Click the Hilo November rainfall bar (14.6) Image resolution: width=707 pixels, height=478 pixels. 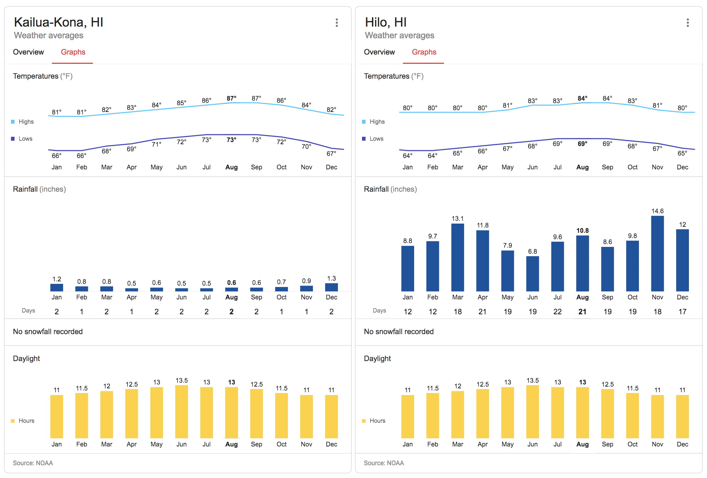click(x=657, y=253)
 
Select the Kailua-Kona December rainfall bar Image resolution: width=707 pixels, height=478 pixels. click(x=331, y=287)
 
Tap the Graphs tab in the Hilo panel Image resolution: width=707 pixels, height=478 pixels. click(x=424, y=52)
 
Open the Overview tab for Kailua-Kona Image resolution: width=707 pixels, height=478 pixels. click(x=28, y=52)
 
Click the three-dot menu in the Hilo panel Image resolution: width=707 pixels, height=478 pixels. click(x=687, y=23)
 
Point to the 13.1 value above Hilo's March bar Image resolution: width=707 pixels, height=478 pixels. click(x=457, y=219)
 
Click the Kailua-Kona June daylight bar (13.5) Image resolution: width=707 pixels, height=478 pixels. click(x=182, y=412)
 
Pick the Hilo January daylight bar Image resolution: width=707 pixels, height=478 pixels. click(x=407, y=416)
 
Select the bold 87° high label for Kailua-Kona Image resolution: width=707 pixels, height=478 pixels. click(x=232, y=98)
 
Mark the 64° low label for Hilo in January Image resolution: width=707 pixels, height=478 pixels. click(x=407, y=156)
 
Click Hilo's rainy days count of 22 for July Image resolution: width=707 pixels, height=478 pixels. click(x=557, y=312)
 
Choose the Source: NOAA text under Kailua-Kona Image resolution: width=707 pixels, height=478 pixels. click(x=33, y=463)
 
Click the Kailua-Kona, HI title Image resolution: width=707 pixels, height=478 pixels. click(x=59, y=22)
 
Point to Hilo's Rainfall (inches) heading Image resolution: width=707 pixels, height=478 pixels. click(x=390, y=189)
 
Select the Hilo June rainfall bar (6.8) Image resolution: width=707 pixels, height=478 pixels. click(x=532, y=274)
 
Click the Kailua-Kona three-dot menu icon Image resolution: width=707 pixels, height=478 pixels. click(x=336, y=23)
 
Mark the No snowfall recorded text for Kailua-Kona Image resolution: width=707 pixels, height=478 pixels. click(x=48, y=332)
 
